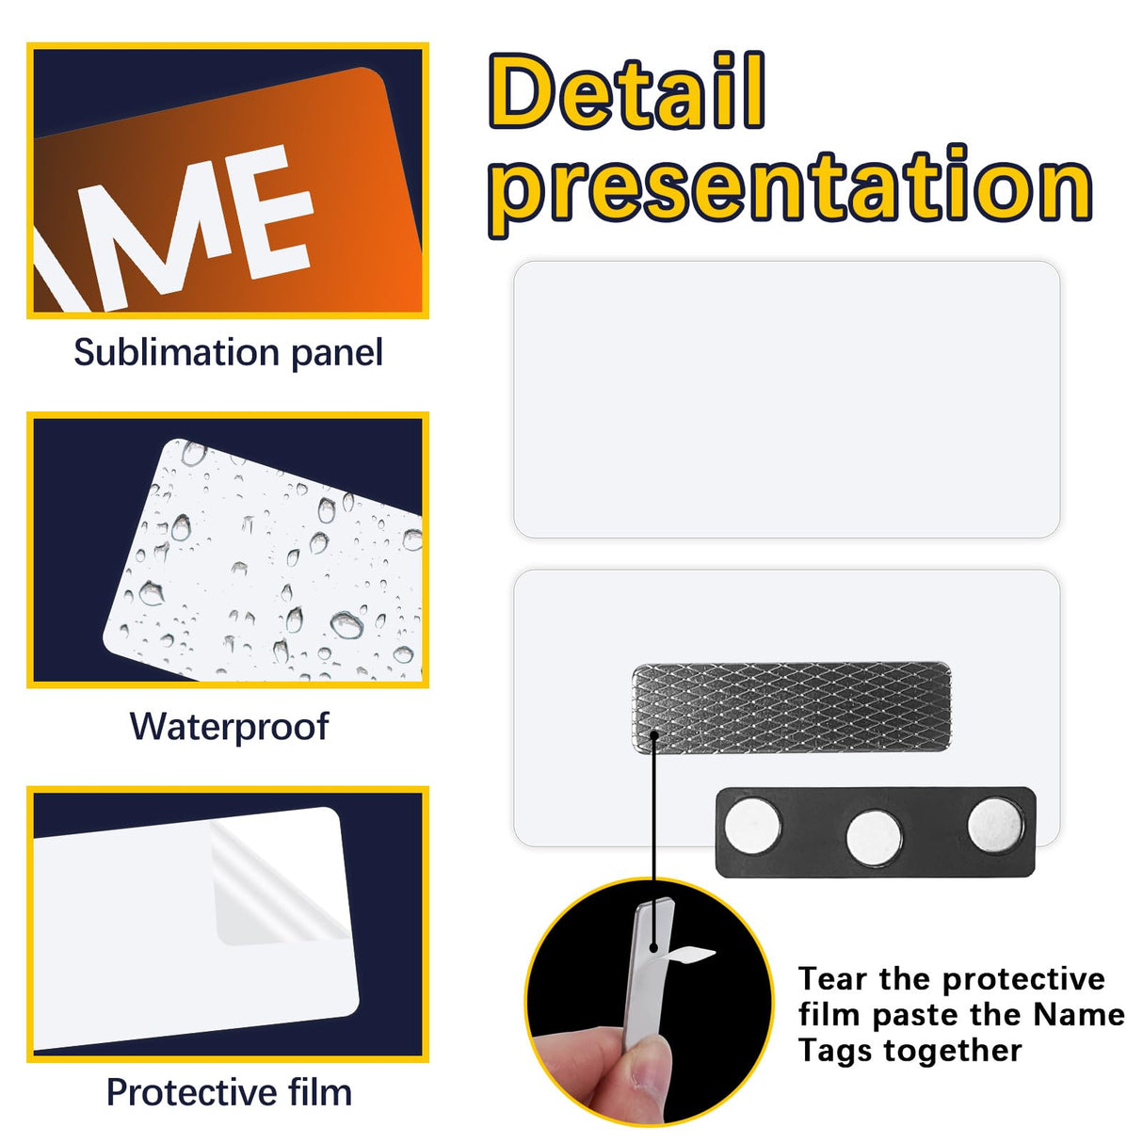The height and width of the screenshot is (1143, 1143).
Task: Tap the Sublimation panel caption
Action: tap(228, 353)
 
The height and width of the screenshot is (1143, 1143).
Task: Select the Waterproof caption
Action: tap(229, 727)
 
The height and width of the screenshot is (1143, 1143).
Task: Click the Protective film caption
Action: tap(229, 1092)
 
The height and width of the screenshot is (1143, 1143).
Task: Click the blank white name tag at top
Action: tap(786, 399)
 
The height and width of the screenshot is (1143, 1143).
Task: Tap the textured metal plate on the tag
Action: tap(791, 707)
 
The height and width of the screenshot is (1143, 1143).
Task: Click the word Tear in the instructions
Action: tap(833, 979)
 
